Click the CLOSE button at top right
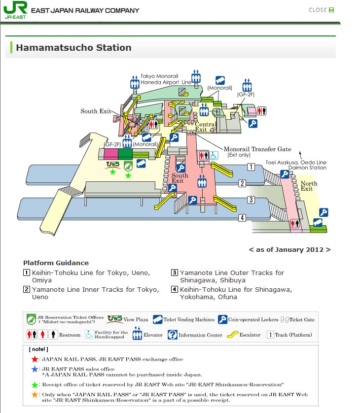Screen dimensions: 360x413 coord(321,10)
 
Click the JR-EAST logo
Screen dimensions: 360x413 coord(15,10)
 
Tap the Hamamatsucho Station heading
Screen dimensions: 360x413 coord(73,48)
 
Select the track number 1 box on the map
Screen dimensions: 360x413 coord(251,167)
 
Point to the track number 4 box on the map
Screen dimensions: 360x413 coord(242,218)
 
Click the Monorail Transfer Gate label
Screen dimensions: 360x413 coord(257,149)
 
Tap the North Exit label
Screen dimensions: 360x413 coord(309,186)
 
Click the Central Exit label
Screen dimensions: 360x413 coord(206,127)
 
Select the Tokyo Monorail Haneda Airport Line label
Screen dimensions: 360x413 coord(166,79)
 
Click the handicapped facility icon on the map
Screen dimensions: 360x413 coord(214,156)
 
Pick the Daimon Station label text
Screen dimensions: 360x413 coord(307,168)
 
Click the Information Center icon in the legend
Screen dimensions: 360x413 coord(173,335)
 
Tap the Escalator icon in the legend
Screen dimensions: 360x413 coord(232,335)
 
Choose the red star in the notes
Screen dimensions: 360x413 coord(35,359)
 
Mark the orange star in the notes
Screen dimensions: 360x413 coord(35,395)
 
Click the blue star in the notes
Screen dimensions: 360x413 coord(35,369)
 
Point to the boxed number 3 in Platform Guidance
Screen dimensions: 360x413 coord(174,273)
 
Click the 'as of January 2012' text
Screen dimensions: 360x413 coord(289,249)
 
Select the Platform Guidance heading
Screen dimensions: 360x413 coord(56,263)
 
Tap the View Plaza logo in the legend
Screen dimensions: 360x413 coord(114,319)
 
